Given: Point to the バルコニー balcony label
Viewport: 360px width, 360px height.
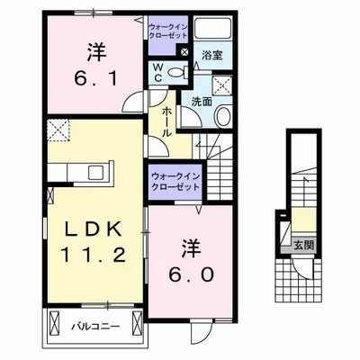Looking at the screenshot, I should click(x=94, y=325).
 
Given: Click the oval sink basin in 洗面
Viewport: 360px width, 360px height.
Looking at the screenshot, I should click(x=224, y=115).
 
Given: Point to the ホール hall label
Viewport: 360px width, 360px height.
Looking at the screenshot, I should click(x=168, y=121).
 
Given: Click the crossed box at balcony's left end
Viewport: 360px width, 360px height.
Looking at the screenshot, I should click(x=56, y=325).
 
